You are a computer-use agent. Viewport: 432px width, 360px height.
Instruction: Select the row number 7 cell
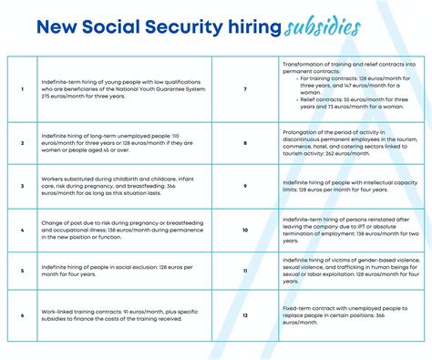tap(246, 90)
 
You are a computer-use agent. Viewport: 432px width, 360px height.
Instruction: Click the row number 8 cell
tap(246, 143)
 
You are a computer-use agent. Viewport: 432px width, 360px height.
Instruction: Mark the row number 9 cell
tap(246, 186)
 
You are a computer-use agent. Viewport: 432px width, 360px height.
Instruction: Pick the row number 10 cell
tap(246, 230)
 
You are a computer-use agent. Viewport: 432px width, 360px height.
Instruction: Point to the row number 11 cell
tap(246, 272)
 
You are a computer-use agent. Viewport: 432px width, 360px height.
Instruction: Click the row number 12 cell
tap(246, 314)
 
